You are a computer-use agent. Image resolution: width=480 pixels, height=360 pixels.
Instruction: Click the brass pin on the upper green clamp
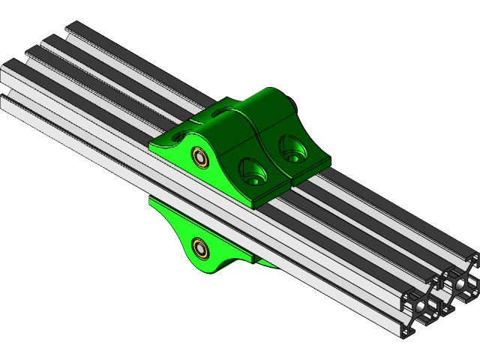[200, 157]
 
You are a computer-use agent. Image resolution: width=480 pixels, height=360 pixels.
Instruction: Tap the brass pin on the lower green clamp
[200, 247]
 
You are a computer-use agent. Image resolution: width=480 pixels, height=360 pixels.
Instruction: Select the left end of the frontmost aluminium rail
[6, 101]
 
